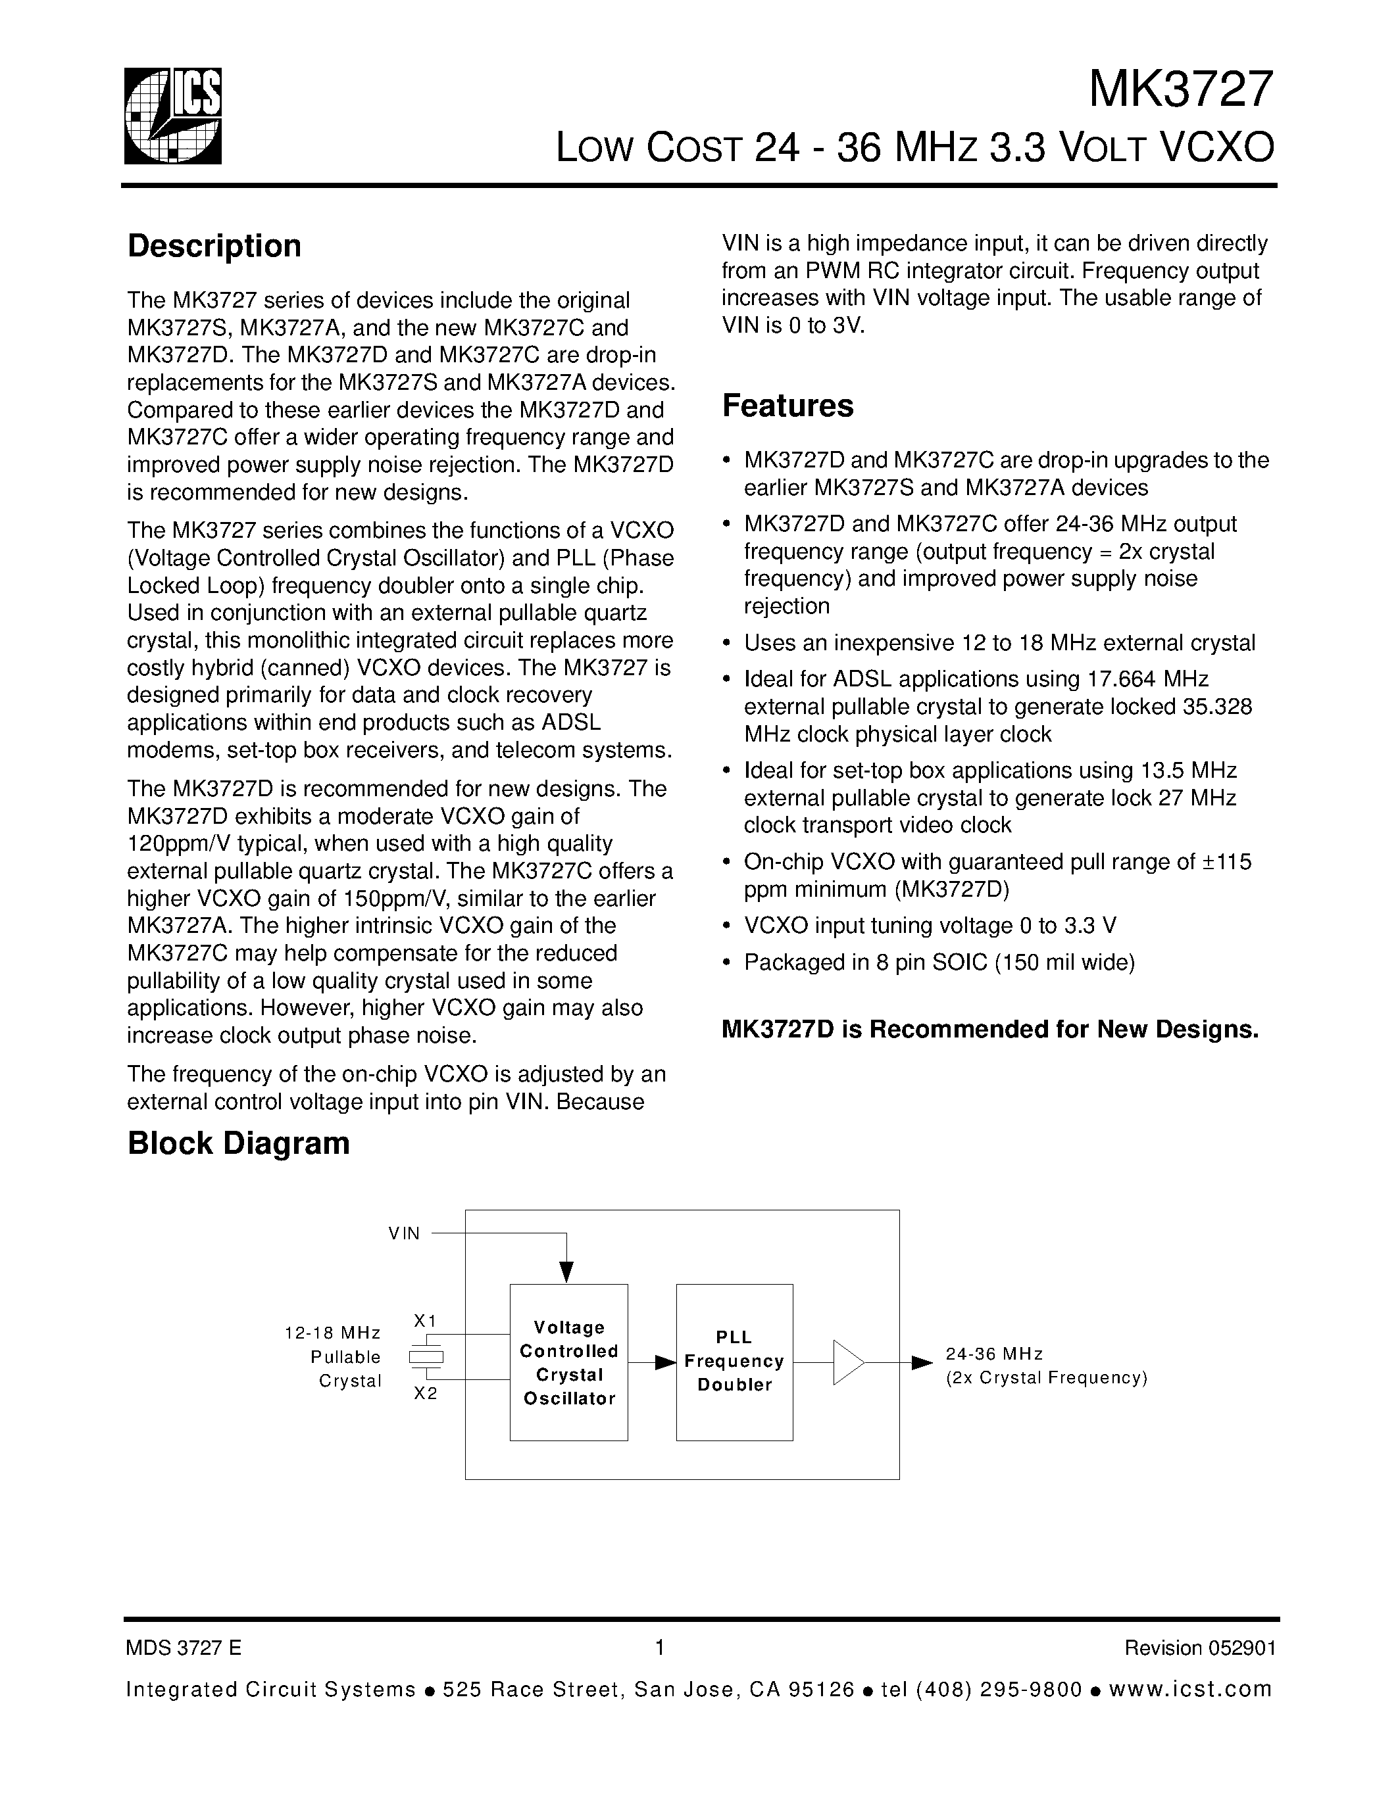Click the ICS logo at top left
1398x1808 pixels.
coord(173,116)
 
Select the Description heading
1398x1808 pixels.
coord(214,246)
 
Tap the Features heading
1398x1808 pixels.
coord(787,406)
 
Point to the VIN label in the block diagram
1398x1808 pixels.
coord(404,1233)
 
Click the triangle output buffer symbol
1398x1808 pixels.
coord(847,1362)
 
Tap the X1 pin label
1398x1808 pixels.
coord(425,1320)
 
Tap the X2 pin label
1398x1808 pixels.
coord(425,1393)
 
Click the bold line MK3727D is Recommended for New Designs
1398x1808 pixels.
coord(989,1029)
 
